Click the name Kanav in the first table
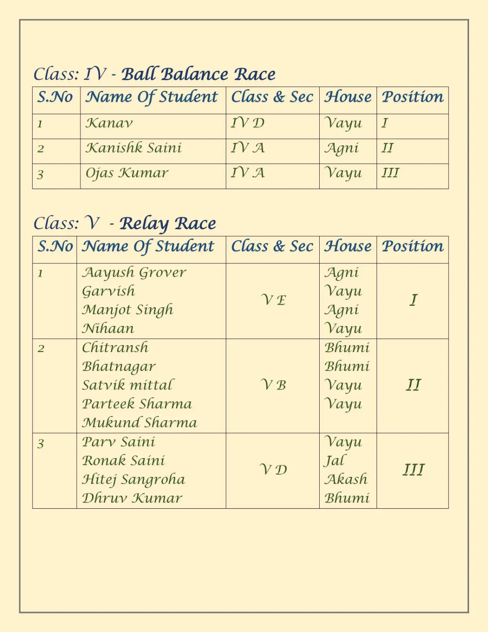[109, 123]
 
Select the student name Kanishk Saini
[133, 148]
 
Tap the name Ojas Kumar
[126, 173]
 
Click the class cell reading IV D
[248, 123]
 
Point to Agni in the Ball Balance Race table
[342, 148]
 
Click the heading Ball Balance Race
[198, 74]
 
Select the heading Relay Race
[168, 223]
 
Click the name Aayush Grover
[134, 272]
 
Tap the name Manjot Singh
[127, 310]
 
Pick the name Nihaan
[108, 328]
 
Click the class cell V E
[273, 300]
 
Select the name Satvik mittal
[127, 385]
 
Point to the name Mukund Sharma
[139, 422]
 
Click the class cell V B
[273, 385]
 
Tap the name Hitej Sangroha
[133, 479]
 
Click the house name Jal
[334, 461]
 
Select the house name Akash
[346, 479]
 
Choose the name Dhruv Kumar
[132, 498]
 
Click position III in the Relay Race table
[413, 470]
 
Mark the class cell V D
[273, 470]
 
